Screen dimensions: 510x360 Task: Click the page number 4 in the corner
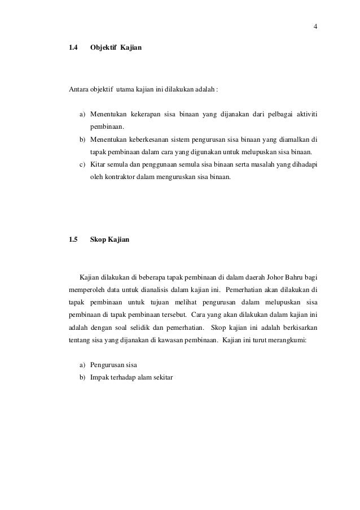click(315, 26)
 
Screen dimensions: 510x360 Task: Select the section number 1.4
click(73, 50)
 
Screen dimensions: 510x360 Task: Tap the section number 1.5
click(73, 239)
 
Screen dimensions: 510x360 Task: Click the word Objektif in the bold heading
click(103, 50)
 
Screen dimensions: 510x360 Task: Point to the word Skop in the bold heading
click(99, 239)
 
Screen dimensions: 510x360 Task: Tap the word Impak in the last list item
click(100, 377)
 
